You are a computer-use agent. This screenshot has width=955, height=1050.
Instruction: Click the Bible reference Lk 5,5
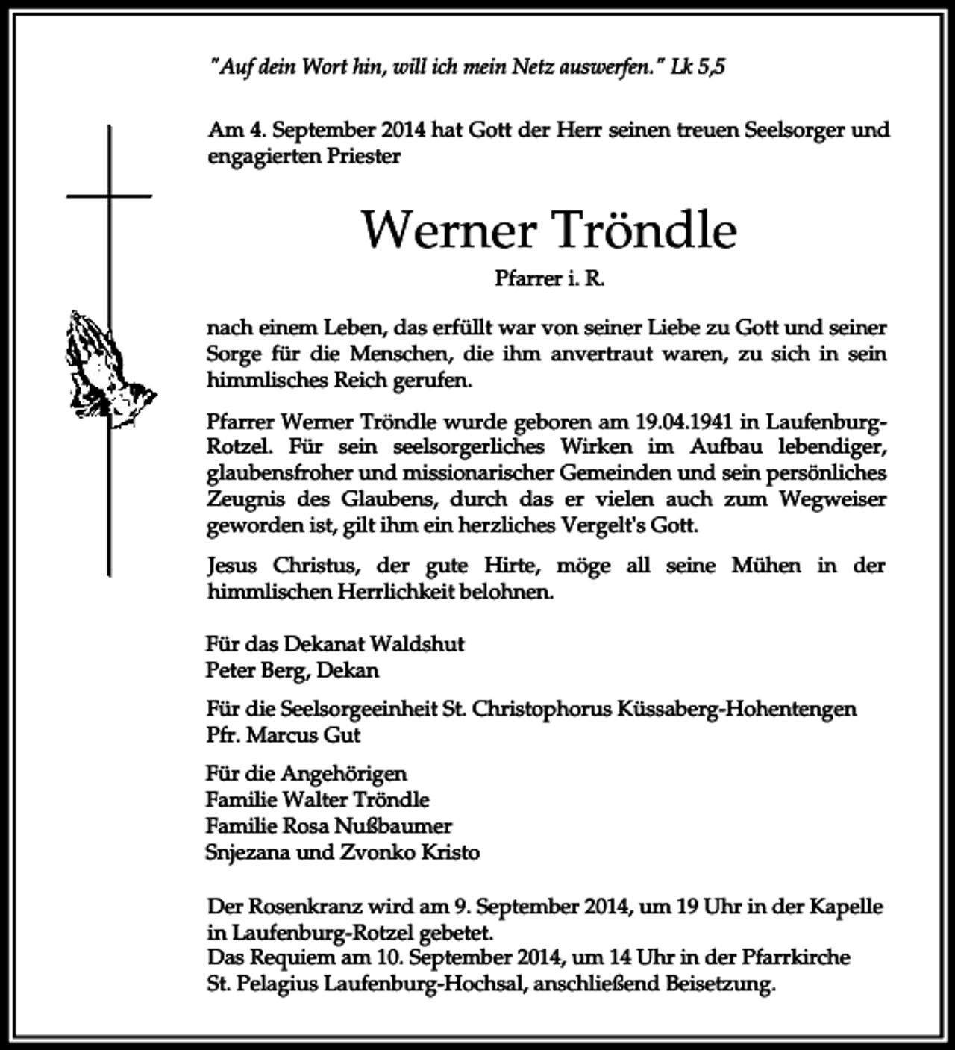coord(698,67)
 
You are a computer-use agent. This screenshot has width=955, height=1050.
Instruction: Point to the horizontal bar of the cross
coord(109,196)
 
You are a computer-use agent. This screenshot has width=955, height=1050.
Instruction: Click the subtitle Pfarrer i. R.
coord(549,278)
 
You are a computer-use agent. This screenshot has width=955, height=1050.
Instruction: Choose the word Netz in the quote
coord(532,67)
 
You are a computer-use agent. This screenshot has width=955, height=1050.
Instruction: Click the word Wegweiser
coord(833,499)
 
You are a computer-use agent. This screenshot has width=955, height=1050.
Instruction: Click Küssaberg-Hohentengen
coord(737,708)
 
